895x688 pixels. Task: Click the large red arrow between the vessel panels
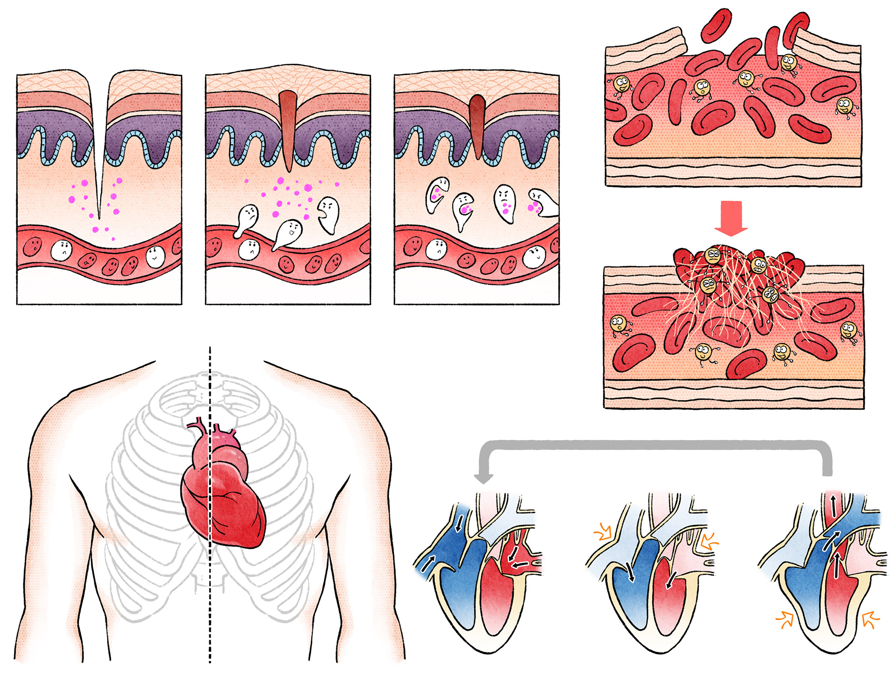(730, 218)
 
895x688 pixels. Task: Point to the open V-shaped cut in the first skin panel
(99, 140)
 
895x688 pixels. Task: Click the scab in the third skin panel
(477, 123)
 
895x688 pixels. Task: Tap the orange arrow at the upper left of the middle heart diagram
(603, 532)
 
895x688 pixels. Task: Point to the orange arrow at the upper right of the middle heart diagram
(709, 542)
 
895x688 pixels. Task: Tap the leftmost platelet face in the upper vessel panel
(621, 85)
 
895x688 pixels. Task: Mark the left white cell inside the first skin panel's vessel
(62, 251)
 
